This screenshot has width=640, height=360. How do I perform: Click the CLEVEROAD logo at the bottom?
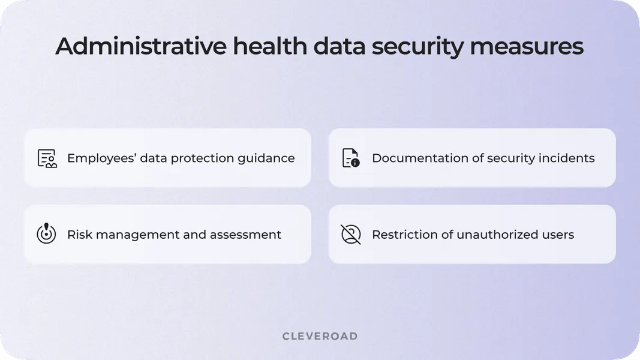[320, 336]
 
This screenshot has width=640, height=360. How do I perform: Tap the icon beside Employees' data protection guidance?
[47, 158]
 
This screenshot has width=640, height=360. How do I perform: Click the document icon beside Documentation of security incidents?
[351, 158]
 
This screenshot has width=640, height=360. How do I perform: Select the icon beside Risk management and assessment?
[46, 234]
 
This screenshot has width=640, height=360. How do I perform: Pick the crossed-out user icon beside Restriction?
[351, 234]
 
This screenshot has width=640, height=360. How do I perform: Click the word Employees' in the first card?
[101, 158]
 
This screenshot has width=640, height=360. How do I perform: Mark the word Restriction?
[404, 235]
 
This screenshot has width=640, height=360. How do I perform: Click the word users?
[558, 235]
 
